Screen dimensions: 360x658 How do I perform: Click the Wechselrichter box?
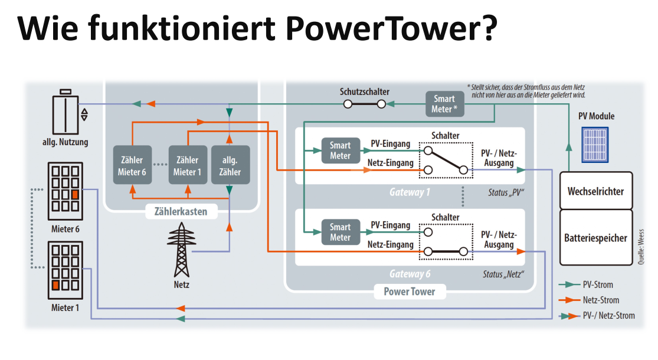[x=595, y=191]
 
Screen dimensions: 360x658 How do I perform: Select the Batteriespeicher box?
[x=595, y=238]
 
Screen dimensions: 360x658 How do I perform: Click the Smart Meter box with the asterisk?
[x=446, y=104]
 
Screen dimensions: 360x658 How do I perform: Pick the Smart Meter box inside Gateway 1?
[x=340, y=151]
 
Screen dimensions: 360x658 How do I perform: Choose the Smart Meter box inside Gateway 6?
[x=340, y=232]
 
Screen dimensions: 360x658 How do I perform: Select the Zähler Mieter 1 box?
[x=187, y=166]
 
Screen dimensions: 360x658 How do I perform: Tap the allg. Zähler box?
[x=230, y=166]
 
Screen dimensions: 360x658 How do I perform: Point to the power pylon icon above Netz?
[x=182, y=251]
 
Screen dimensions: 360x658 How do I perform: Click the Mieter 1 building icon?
[x=64, y=270]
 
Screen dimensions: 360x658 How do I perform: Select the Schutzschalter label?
[x=365, y=91]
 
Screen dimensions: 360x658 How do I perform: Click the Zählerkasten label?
[x=181, y=211]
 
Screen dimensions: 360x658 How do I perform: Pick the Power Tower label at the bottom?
[x=409, y=291]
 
